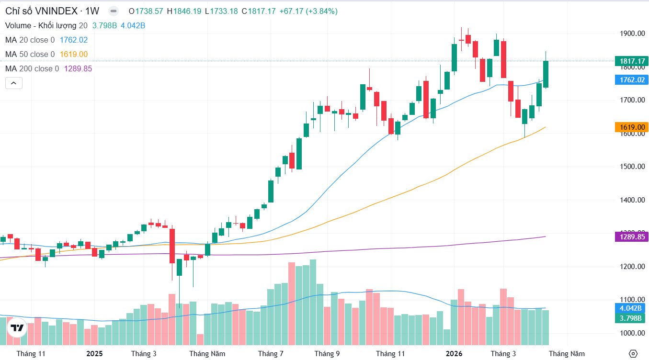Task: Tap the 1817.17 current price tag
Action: [x=631, y=61]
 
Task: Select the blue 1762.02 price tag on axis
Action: [x=631, y=80]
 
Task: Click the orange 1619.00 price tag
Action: [x=631, y=127]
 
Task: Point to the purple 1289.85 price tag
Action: [x=631, y=236]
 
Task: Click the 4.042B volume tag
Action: [x=630, y=308]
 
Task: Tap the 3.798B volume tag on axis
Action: [x=630, y=318]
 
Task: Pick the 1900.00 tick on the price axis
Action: [x=632, y=34]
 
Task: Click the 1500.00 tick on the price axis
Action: [x=632, y=167]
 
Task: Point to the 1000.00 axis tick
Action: [x=632, y=333]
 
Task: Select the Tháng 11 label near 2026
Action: [x=390, y=354]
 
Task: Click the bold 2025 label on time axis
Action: [x=94, y=354]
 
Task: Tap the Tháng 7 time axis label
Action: [x=271, y=354]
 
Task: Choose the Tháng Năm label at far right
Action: [x=567, y=354]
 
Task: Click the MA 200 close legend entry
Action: [x=32, y=69]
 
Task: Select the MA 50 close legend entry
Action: [x=30, y=55]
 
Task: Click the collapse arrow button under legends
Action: [x=13, y=83]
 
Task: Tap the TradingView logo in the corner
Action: [x=17, y=328]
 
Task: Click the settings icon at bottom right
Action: [x=633, y=354]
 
